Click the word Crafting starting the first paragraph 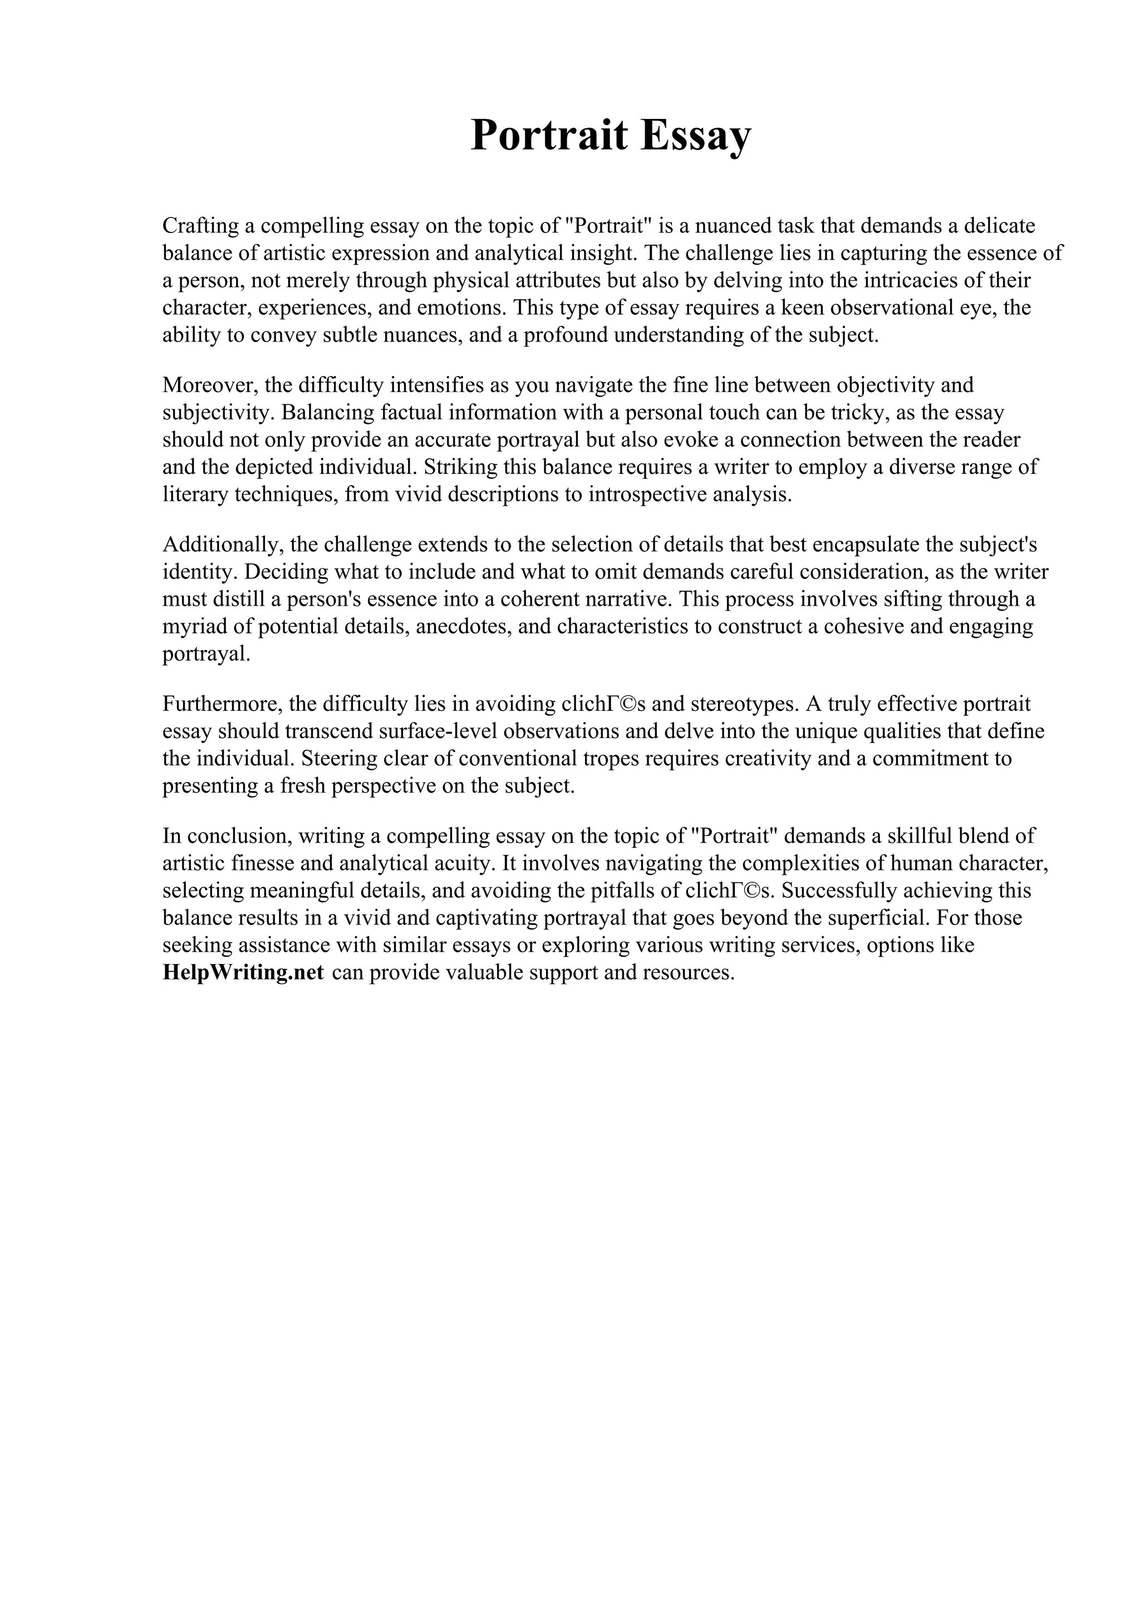[200, 226]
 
